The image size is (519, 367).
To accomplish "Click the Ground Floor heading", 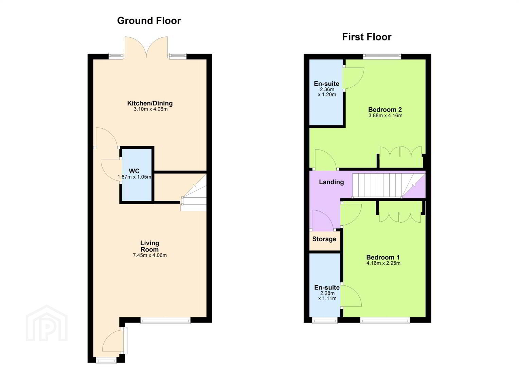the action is [x=149, y=21].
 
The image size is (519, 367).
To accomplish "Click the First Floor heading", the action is [x=367, y=37].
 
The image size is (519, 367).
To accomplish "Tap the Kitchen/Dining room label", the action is [x=150, y=103].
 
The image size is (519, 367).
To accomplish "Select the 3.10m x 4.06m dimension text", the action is [x=150, y=109].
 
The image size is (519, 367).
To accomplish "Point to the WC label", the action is [x=134, y=171].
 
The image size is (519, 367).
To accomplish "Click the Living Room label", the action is [x=150, y=246].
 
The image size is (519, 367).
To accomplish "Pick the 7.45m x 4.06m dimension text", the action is [x=150, y=256].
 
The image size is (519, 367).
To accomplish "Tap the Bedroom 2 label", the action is [x=385, y=110].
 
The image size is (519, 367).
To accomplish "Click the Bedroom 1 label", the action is [x=383, y=257].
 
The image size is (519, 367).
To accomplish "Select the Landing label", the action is [x=331, y=182].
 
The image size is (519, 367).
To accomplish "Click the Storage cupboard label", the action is [x=324, y=239].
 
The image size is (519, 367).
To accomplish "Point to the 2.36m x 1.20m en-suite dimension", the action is [x=327, y=92].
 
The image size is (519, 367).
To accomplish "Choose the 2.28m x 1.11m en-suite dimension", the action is [x=327, y=296].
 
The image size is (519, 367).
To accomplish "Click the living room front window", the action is [x=165, y=321].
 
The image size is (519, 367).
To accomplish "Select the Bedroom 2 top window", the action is [x=382, y=56].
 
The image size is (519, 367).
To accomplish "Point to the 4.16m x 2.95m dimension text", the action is [x=383, y=263].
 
